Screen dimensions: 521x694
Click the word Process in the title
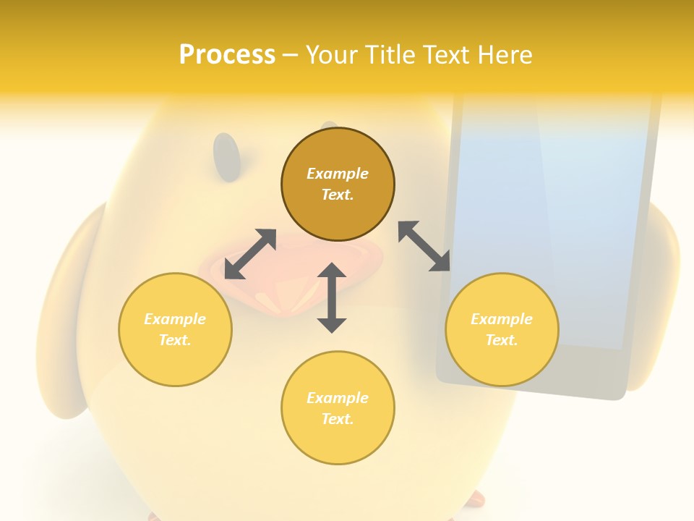pos(227,55)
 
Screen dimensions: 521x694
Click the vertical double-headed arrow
pos(332,297)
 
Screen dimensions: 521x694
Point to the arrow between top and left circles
pos(250,254)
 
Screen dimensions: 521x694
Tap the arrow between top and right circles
pos(424,246)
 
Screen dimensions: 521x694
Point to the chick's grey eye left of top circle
pos(227,157)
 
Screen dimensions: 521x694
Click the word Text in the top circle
pos(337,195)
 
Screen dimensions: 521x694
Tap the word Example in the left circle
pos(175,319)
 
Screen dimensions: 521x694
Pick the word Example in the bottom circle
pos(338,398)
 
